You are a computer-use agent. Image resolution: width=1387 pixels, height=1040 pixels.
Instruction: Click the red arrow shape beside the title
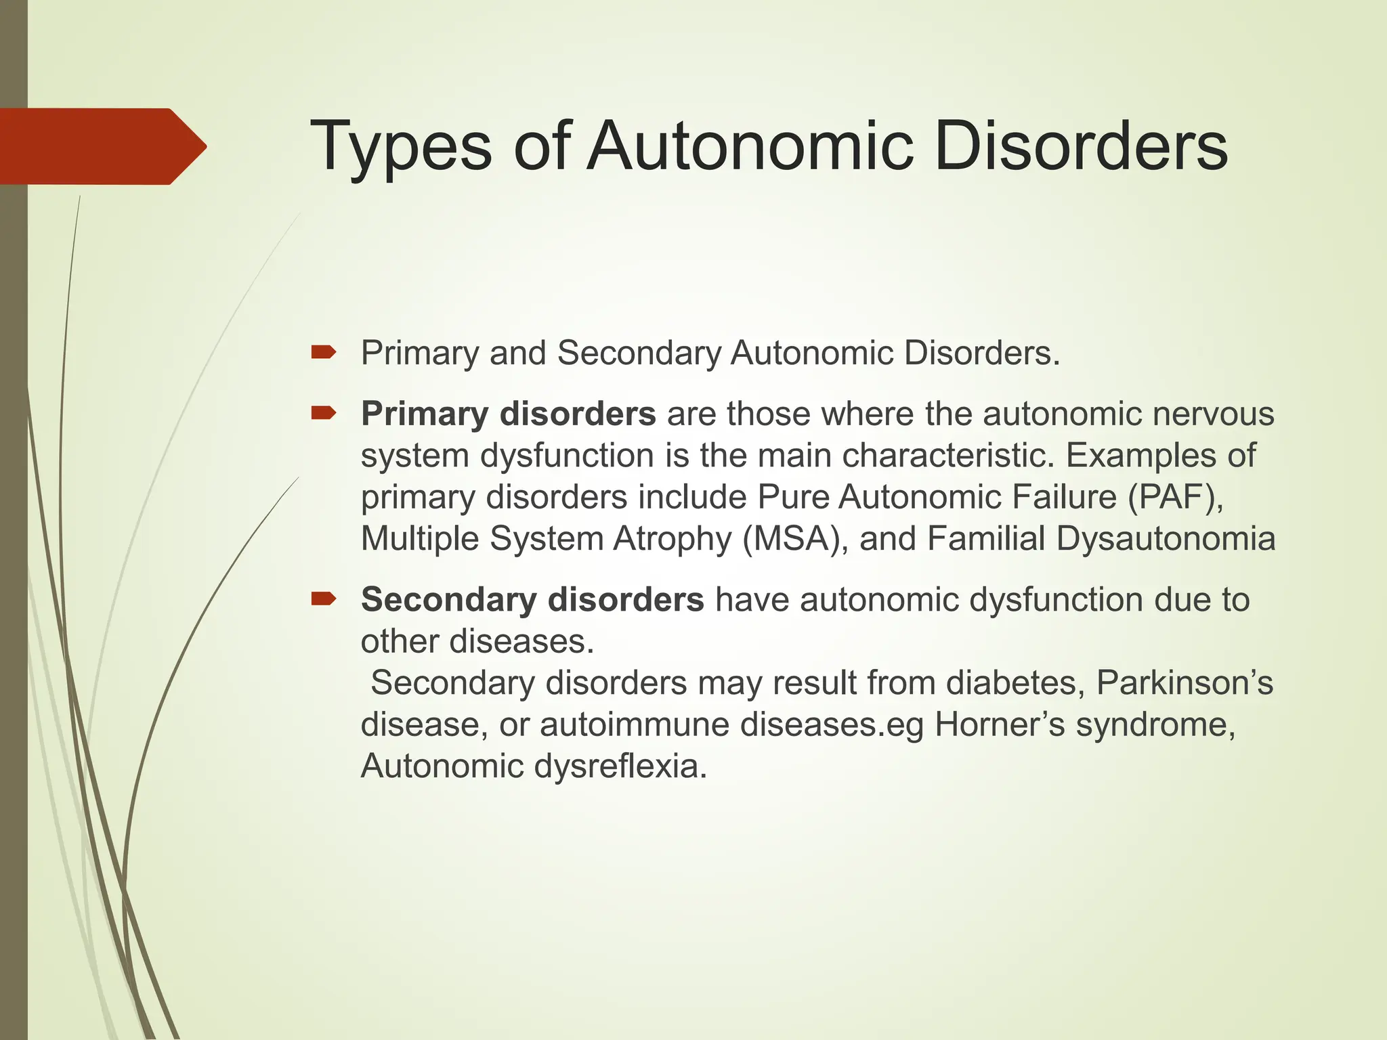[102, 146]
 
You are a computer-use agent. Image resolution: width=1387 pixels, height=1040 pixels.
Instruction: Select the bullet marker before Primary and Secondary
[324, 351]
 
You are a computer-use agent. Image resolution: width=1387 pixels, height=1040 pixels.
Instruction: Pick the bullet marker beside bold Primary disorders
[324, 413]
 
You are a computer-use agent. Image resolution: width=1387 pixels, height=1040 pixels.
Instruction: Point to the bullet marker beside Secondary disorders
[324, 599]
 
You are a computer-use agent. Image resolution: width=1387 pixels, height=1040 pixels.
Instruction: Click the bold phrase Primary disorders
[508, 414]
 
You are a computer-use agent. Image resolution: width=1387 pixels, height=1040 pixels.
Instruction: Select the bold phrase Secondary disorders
[532, 600]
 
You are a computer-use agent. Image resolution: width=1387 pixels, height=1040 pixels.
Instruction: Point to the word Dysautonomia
[1165, 540]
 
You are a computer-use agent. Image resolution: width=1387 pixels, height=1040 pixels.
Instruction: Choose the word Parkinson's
[1185, 682]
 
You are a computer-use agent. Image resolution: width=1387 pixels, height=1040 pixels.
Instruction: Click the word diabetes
[1015, 682]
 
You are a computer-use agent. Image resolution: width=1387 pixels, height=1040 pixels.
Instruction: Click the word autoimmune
[633, 724]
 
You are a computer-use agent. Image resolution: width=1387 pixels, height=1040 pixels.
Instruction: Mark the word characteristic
[948, 456]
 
